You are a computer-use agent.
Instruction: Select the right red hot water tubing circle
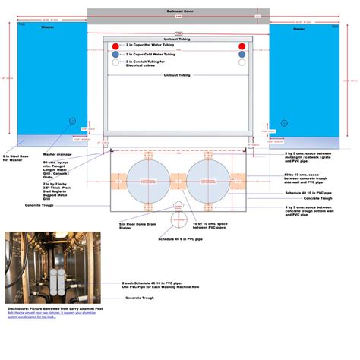242,46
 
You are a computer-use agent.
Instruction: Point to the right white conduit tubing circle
242,62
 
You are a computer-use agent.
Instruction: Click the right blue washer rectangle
302,80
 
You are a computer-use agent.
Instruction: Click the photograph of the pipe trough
43,267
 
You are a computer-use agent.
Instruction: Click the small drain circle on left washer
73,121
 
